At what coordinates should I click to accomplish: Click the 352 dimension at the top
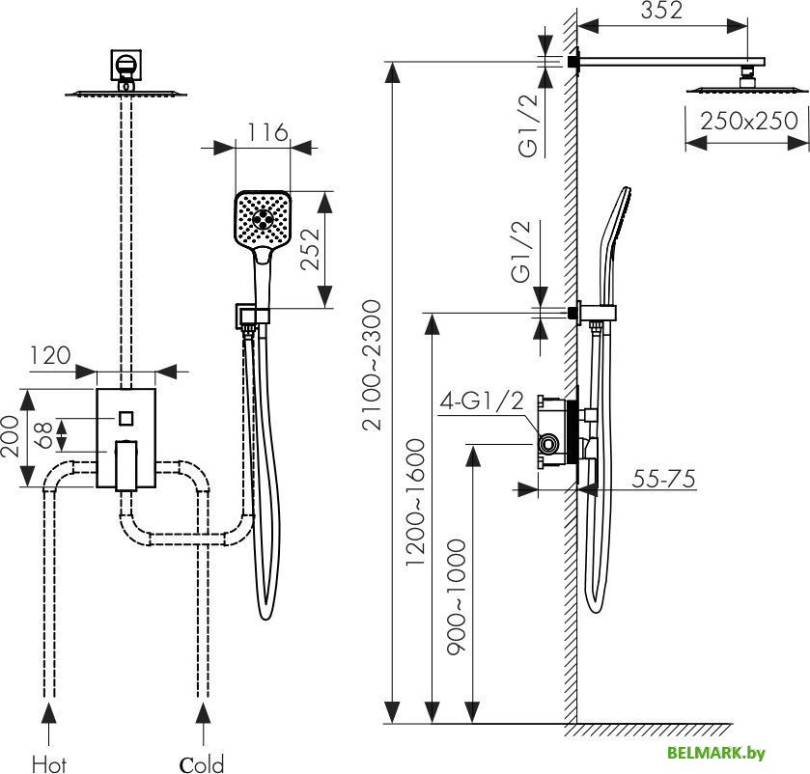pos(661,11)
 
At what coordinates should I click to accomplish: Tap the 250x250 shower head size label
pos(749,121)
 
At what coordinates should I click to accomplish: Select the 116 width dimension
pos(266,132)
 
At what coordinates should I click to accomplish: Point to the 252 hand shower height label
pos(311,249)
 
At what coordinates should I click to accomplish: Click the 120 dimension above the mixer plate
pos(50,355)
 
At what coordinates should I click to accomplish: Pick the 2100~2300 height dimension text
pos(372,365)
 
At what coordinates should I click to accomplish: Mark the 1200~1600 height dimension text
pos(415,502)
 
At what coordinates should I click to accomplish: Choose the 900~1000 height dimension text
pos(456,596)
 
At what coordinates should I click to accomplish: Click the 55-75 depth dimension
pos(664,480)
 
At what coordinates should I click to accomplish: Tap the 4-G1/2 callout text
pos(482,401)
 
